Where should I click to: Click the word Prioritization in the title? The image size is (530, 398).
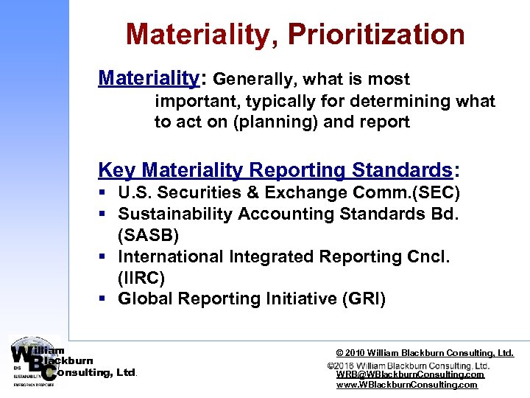click(x=376, y=35)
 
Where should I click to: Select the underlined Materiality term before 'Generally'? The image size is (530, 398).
click(x=148, y=78)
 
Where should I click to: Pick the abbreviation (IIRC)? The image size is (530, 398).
click(x=141, y=278)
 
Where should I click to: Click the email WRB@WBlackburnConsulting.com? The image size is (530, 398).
click(x=410, y=374)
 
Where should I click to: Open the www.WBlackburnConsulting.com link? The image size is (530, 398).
click(x=407, y=385)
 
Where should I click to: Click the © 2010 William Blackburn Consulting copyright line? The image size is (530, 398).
click(x=425, y=353)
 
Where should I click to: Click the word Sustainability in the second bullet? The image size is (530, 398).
click(x=172, y=214)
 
